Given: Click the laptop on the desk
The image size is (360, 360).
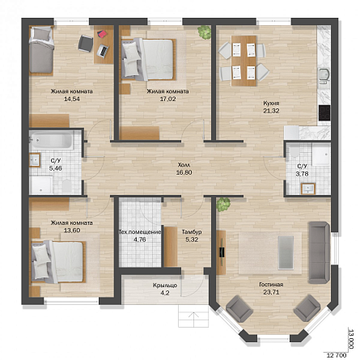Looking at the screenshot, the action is (103, 51).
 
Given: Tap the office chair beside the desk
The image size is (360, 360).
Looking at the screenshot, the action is (86, 44).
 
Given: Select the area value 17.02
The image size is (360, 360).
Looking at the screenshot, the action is (167, 99).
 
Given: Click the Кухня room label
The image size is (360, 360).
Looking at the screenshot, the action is (271, 104).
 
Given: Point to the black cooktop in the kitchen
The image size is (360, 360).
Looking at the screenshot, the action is (324, 112).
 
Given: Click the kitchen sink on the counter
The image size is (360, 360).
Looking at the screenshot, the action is (324, 75).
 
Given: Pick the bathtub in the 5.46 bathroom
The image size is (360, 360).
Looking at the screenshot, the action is (51, 140).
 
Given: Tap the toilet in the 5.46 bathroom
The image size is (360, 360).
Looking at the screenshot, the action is (66, 186).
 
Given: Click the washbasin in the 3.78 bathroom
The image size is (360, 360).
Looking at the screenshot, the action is (308, 188).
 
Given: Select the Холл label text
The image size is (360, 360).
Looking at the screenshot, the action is (184, 165).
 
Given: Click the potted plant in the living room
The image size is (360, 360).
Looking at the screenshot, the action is (223, 205).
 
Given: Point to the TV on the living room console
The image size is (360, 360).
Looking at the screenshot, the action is (222, 252).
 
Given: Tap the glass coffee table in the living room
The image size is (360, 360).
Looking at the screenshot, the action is (286, 252).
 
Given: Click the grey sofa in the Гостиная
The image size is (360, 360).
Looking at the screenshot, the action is (319, 252).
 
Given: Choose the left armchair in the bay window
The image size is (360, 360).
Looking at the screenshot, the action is (239, 308).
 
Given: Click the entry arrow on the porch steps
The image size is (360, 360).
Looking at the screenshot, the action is (193, 316).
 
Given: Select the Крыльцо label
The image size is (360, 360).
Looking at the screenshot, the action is (165, 286).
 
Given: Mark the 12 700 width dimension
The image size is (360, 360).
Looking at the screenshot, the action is (337, 355).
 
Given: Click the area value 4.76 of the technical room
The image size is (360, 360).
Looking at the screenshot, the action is (140, 239).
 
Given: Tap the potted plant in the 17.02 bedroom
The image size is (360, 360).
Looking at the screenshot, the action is (205, 32).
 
